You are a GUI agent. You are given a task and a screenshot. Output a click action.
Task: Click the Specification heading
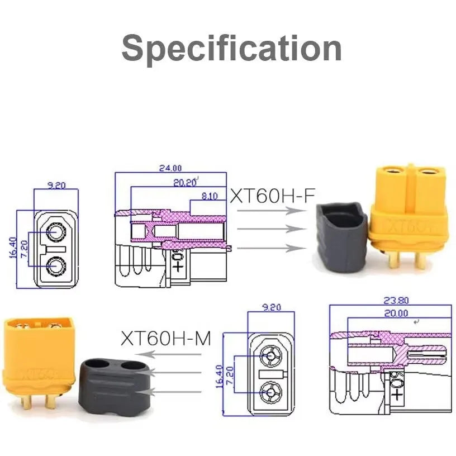point(231,48)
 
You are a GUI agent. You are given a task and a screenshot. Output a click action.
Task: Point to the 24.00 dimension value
point(170,168)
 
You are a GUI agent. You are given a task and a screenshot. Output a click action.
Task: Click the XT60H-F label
point(273,196)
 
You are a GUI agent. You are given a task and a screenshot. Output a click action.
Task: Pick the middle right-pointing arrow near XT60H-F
point(272,229)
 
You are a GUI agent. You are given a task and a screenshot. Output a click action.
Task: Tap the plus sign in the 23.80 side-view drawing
point(397,395)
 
